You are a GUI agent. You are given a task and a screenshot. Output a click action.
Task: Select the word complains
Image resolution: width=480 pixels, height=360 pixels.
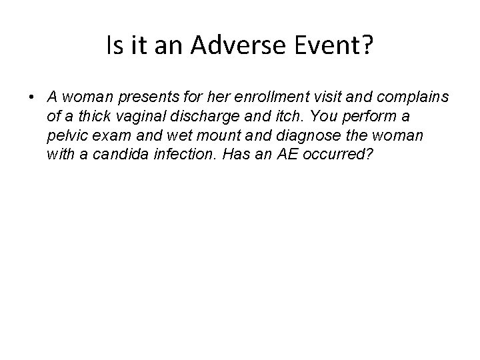click(417, 97)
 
